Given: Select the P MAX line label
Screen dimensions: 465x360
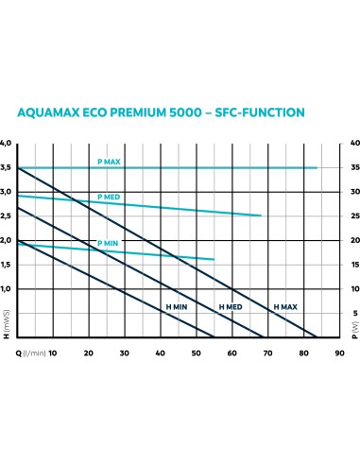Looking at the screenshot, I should click(x=109, y=163).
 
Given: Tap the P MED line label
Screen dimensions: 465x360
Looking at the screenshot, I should click(x=109, y=196).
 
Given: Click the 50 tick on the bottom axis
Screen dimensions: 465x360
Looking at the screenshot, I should click(x=196, y=352).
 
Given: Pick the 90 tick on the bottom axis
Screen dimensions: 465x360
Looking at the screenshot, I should click(x=338, y=352).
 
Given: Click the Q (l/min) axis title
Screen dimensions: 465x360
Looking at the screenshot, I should click(x=26, y=352).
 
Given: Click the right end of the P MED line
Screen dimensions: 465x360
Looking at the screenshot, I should click(x=261, y=215).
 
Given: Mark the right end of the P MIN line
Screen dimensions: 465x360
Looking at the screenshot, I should click(x=214, y=259).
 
